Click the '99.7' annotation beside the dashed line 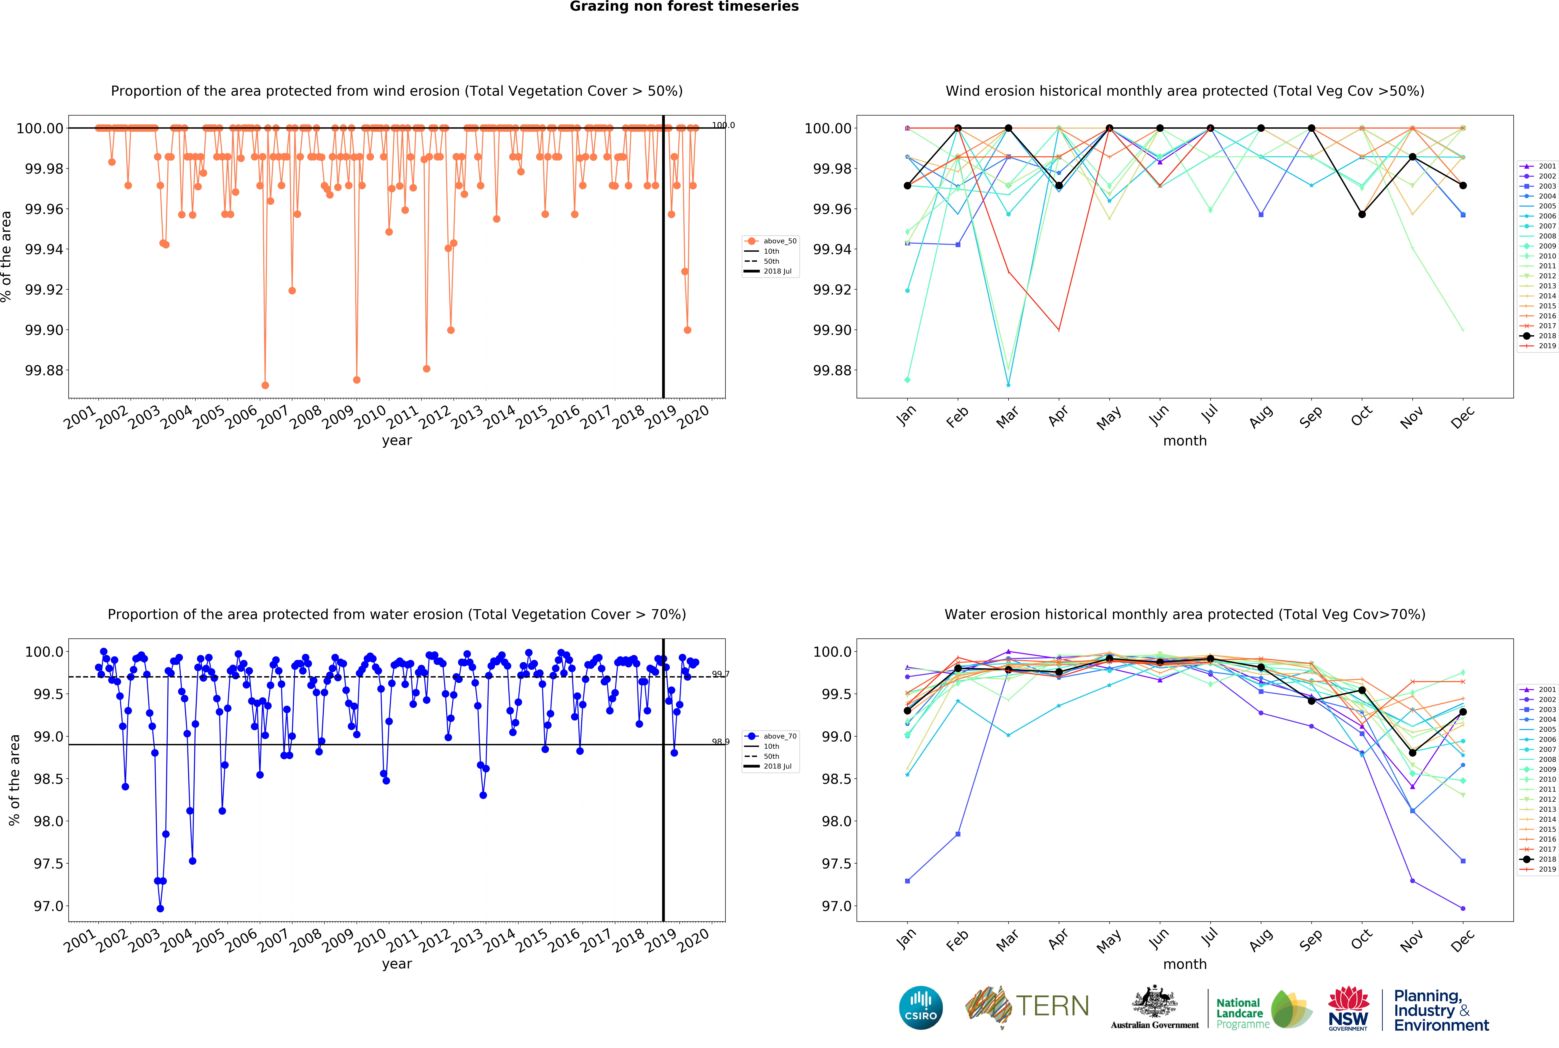coord(720,674)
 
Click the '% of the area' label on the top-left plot coord(7,257)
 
